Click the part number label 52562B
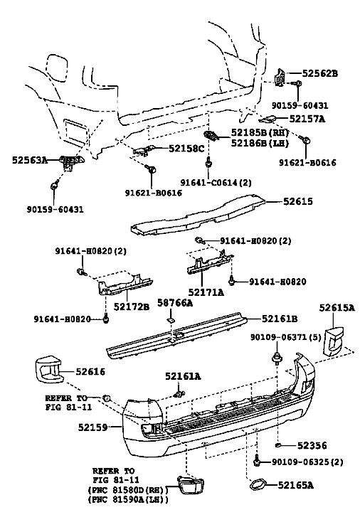coord(319,73)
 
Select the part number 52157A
coord(307,119)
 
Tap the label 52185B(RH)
coord(260,132)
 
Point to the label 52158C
coord(186,148)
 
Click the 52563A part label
coord(30,159)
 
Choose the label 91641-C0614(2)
coord(216,183)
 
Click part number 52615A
coord(337,307)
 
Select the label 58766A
coord(175,303)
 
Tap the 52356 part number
coord(312,445)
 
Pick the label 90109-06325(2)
coord(307,462)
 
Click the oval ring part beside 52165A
coord(258,485)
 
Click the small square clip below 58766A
coord(171,320)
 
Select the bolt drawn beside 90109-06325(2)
coord(257,461)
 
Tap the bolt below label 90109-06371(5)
coord(277,358)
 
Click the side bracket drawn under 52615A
coord(334,340)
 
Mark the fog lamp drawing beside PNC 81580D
coord(189,485)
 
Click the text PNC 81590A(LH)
coord(128,500)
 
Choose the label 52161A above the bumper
coord(183,376)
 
